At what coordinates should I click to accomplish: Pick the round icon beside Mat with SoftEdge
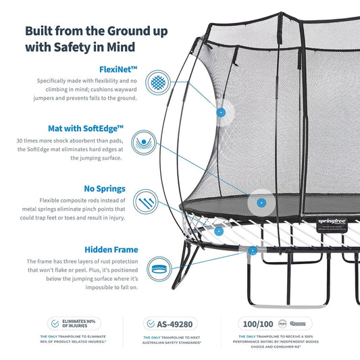[157, 143]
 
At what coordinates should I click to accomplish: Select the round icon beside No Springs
[157, 202]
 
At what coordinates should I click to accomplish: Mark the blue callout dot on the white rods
[219, 230]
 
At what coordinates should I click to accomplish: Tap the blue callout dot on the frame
[253, 251]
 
